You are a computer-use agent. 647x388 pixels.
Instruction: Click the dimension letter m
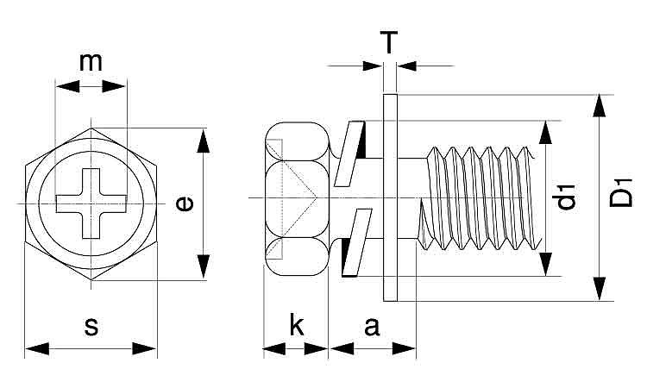[91, 62]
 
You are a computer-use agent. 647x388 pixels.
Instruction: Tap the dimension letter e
[183, 203]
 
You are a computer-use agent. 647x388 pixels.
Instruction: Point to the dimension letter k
[296, 326]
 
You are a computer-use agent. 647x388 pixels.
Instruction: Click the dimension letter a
[372, 326]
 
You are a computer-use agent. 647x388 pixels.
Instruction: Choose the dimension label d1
[566, 197]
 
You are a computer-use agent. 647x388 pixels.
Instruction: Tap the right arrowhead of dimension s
[148, 348]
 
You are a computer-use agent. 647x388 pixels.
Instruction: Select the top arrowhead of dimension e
[204, 138]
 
